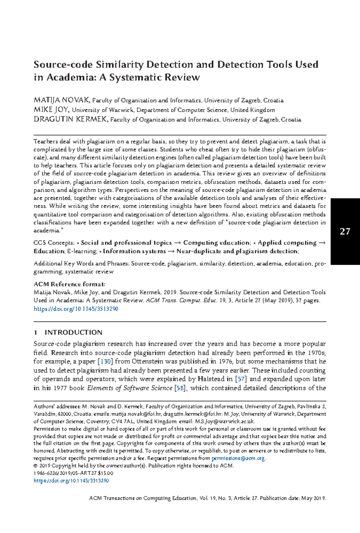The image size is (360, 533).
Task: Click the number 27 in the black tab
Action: pos(345,231)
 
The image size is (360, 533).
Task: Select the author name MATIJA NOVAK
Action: pos(61,100)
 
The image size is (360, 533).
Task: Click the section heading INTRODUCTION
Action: pos(73,332)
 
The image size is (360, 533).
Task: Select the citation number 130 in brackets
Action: pos(105,362)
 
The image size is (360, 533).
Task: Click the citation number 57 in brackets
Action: pos(241,379)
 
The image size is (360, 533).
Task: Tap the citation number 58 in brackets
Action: pos(180,388)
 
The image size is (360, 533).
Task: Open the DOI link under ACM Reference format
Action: pos(76,309)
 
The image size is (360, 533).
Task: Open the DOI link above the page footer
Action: pos(71,481)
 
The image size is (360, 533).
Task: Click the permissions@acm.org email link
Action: pos(238,458)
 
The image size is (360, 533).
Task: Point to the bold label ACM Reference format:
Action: pos(69,284)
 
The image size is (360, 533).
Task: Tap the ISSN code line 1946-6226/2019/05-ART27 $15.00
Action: pos(73,473)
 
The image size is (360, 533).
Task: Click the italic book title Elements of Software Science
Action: pos(130,388)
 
